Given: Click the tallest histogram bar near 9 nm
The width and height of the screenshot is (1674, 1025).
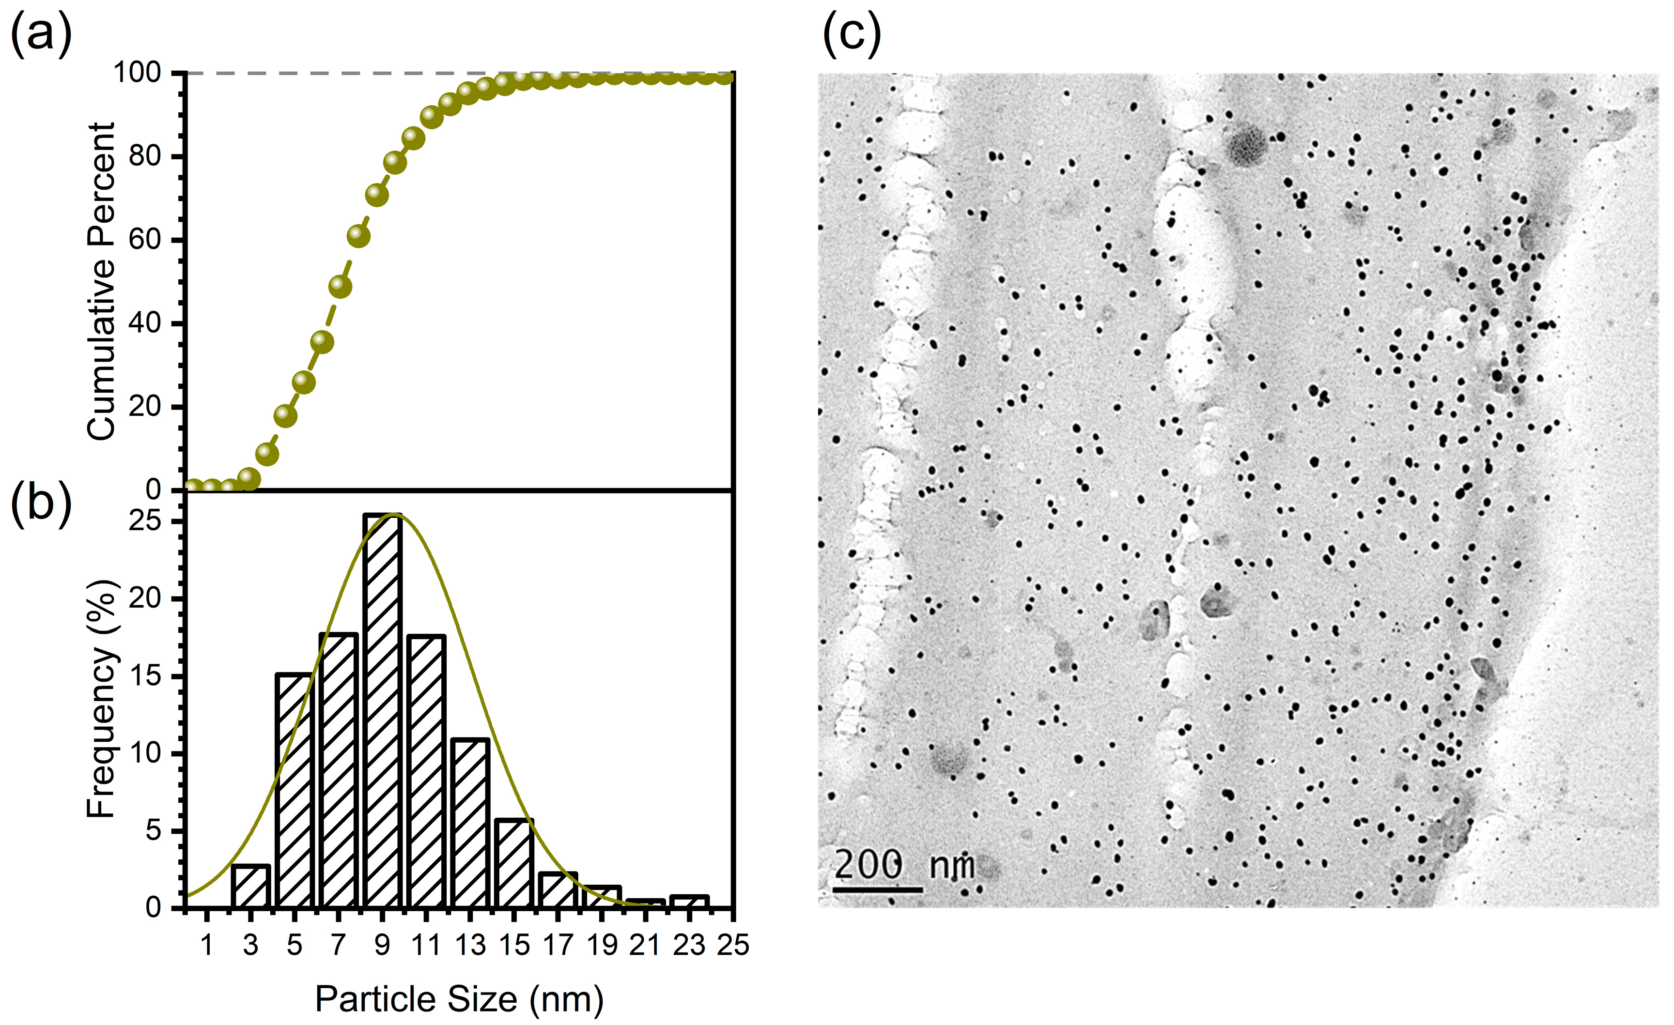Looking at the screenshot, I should click(383, 710).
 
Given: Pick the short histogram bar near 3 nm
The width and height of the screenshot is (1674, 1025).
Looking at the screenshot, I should click(251, 887).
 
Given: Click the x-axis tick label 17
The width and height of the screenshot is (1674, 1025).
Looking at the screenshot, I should click(558, 945).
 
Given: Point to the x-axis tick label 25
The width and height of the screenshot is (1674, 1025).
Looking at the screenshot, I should click(733, 945).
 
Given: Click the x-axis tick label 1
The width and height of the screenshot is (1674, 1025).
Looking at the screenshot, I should click(207, 945).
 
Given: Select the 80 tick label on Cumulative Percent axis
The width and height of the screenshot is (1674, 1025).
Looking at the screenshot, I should click(145, 156).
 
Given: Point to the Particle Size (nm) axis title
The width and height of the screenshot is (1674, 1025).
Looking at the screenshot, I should click(459, 999).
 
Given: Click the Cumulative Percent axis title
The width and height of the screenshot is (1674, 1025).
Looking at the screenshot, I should click(102, 281).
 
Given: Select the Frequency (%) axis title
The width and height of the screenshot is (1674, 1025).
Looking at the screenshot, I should click(102, 700).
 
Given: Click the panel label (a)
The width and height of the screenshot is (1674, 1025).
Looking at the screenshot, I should click(41, 34).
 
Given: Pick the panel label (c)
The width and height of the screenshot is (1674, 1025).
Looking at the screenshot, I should click(851, 34).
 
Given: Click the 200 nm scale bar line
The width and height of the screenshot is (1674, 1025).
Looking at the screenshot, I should click(877, 889).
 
